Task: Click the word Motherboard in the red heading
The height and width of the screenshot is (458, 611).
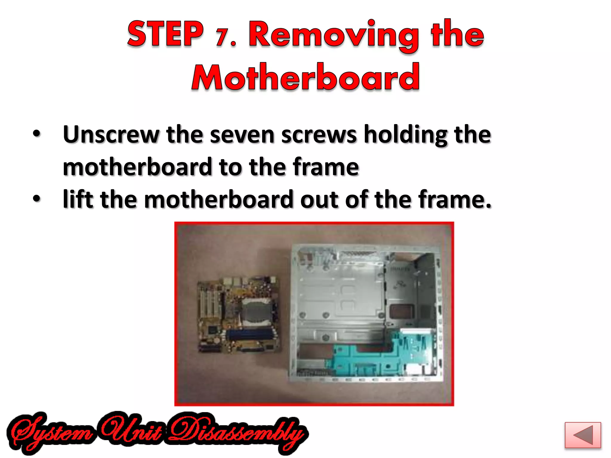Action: pos(305,77)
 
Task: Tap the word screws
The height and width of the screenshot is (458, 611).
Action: pos(319,135)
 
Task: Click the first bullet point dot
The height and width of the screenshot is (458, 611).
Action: pos(36,134)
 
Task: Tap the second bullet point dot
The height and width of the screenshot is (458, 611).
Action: pos(36,198)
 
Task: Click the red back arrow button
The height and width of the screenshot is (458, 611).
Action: pos(582,435)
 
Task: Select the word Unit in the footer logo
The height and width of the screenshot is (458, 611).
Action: pos(131,431)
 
